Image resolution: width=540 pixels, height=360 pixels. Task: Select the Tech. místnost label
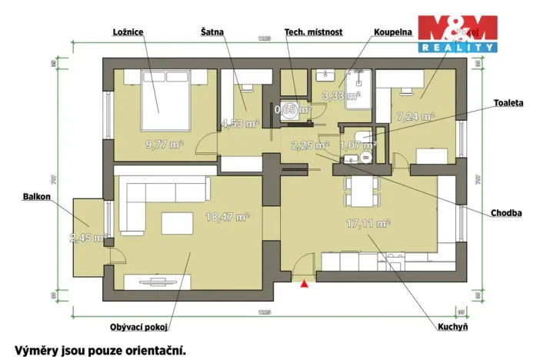pyautogui.click(x=313, y=32)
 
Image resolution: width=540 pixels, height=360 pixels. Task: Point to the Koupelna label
pyautogui.click(x=393, y=32)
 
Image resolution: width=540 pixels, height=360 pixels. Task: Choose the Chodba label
pyautogui.click(x=507, y=212)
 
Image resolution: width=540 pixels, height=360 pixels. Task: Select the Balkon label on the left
pyautogui.click(x=37, y=197)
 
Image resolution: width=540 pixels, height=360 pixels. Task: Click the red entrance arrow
pyautogui.click(x=305, y=283)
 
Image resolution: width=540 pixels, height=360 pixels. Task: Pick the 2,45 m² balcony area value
pyautogui.click(x=86, y=238)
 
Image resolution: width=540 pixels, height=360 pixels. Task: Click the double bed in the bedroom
pyautogui.click(x=162, y=98)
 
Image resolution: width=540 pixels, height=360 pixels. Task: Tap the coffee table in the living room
pyautogui.click(x=178, y=224)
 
